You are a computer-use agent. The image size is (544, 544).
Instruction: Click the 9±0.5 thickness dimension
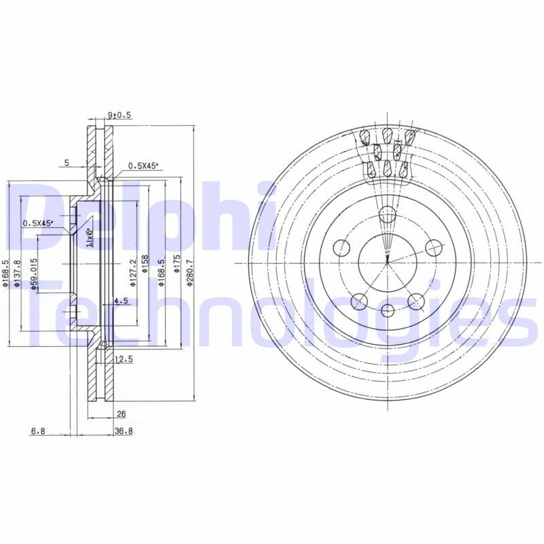pos(119,116)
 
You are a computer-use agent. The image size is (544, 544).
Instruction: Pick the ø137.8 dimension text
pos(18,273)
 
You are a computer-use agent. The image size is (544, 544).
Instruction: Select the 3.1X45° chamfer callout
pos(90,238)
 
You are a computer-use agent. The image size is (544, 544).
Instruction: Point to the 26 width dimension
pos(121,413)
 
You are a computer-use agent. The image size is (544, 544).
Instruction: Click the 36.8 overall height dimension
pos(123,430)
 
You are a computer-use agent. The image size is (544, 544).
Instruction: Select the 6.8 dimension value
pos(39,430)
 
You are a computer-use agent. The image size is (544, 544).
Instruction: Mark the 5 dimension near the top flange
pos(66,163)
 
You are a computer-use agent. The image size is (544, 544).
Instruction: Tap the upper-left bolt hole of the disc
pos(341,247)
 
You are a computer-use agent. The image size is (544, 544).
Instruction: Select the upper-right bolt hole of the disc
pos(432,248)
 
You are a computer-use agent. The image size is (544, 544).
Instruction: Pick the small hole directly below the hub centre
pos(387,311)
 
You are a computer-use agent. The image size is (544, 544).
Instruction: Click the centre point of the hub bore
pos(387,262)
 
